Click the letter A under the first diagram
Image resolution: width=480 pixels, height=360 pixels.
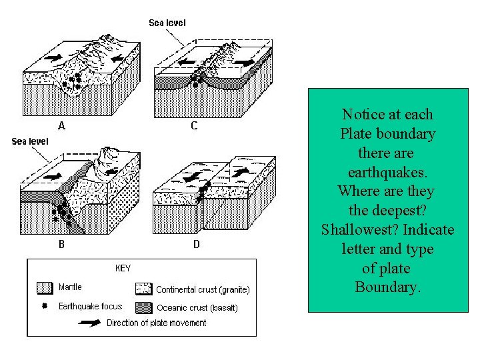pos(61,125)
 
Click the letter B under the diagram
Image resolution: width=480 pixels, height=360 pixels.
pos(61,244)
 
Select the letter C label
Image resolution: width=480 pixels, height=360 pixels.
pos(194,125)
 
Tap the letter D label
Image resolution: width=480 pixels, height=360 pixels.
pos(196,244)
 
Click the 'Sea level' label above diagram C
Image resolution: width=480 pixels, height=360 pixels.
pos(167,23)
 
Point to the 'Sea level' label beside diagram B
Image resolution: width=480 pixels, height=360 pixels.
pos(30,141)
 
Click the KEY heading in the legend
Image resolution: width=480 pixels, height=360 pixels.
pos(123,268)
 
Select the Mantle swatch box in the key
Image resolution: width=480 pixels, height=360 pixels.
pos(44,288)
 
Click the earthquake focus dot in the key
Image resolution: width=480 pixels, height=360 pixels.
pos(45,306)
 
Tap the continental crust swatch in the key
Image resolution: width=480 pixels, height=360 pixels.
pos(143,289)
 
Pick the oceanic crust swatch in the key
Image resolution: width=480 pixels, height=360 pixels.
pos(143,307)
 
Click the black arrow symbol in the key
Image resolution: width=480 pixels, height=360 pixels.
pos(91,323)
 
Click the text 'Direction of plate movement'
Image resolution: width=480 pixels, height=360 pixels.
pos(157,323)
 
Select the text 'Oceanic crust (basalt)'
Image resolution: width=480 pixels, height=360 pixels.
pos(197,308)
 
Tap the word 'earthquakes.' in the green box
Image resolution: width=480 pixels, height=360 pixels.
pos(388,172)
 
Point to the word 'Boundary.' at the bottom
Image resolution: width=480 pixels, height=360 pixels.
pos(387,288)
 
